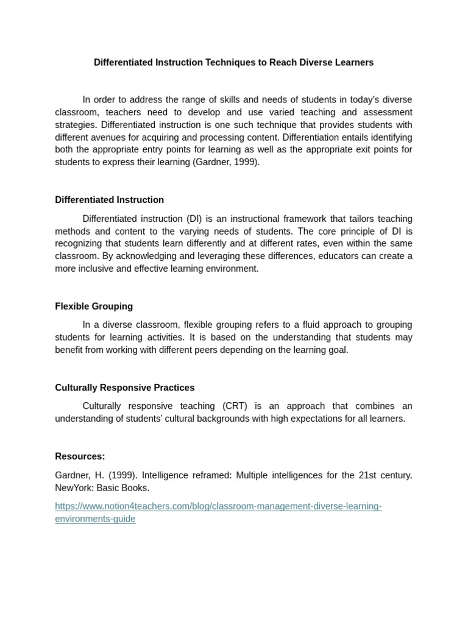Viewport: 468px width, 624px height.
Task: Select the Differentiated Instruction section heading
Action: pos(109,200)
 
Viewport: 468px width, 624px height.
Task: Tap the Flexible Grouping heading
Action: pos(94,307)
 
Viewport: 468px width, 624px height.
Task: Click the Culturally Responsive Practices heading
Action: pos(124,388)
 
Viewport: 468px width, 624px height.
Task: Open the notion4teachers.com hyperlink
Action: pos(218,506)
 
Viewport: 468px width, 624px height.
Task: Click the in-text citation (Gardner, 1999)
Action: pos(226,163)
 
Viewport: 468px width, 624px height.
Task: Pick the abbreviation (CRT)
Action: pos(236,406)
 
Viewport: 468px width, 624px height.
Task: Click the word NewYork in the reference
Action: pos(73,488)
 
